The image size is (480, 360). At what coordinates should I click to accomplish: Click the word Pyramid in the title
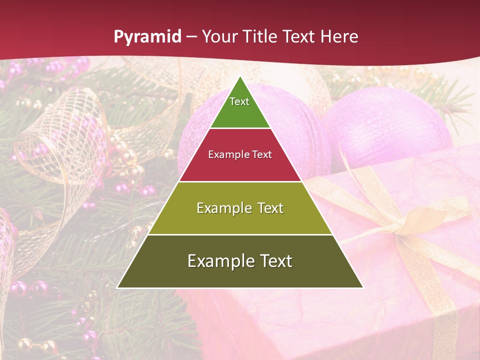(x=147, y=36)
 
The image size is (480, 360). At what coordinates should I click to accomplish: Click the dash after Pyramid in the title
(x=191, y=37)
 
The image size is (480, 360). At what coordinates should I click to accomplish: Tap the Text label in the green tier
(x=239, y=101)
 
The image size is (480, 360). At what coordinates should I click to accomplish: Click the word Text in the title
(x=299, y=36)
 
